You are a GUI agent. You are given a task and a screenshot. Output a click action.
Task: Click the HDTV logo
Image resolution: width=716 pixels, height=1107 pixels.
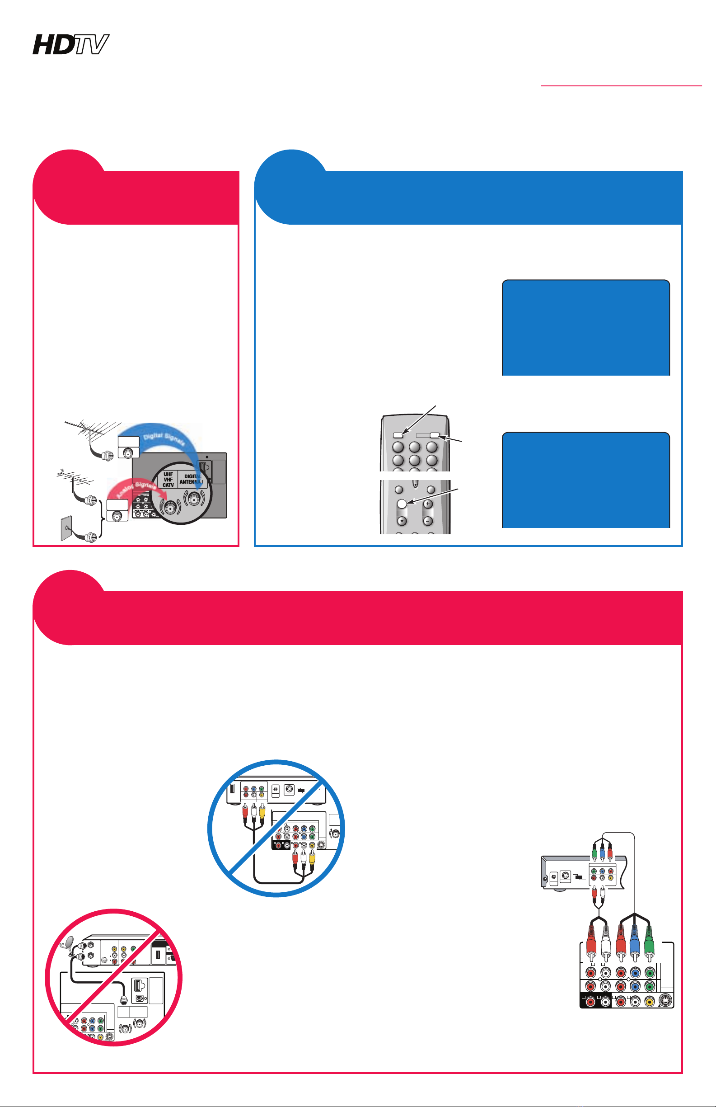pos(70,44)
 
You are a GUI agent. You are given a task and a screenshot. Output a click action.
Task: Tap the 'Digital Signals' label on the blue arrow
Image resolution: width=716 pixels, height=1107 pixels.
pos(164,438)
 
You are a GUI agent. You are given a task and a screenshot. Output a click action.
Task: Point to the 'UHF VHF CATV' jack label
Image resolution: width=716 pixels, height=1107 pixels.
pos(168,480)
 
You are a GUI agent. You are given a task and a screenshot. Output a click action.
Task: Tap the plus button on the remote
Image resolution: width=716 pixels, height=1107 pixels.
pos(428,504)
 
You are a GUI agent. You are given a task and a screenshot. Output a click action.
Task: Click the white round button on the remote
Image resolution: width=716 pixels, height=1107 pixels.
pos(402,503)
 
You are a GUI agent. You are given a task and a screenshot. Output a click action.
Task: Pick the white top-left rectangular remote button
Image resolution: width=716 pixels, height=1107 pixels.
pos(398,436)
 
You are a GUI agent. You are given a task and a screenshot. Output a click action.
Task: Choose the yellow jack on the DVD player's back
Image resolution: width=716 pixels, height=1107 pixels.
pos(610,878)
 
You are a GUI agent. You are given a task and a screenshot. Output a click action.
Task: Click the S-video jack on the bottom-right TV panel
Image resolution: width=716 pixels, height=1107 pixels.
pos(665,1001)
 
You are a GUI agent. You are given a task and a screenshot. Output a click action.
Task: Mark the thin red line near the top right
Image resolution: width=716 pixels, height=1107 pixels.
pos(622,85)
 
